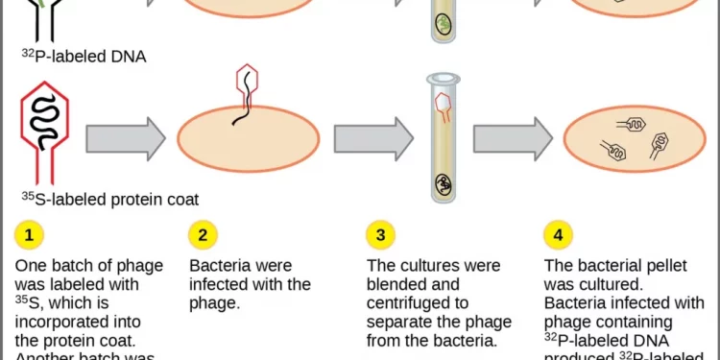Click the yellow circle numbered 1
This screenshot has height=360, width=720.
tap(29, 234)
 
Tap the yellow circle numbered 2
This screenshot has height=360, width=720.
tap(202, 234)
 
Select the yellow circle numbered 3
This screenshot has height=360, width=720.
tap(381, 234)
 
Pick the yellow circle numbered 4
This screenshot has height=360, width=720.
tap(557, 234)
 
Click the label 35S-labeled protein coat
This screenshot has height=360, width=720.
tap(109, 200)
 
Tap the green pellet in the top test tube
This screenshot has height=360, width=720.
tap(443, 24)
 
